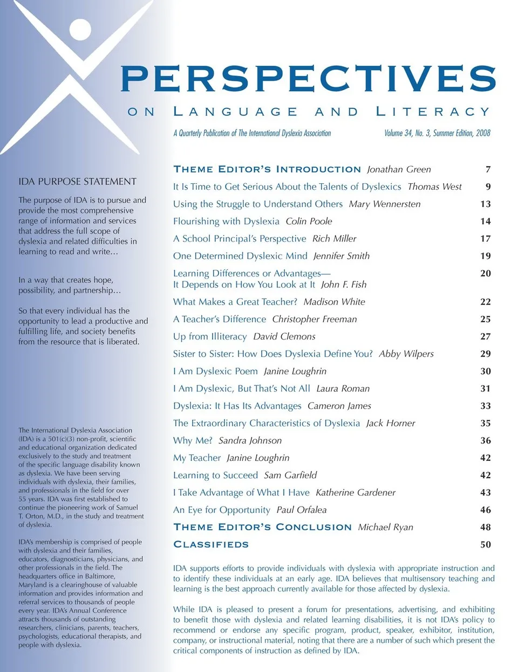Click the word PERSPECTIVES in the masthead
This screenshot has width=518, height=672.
pos(308,79)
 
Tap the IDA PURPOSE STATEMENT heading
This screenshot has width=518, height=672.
pos(77,182)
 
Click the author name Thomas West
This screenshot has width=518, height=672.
pos(434,186)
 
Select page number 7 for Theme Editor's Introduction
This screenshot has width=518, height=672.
pos(488,169)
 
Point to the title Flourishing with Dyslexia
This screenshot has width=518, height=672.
pos(226,221)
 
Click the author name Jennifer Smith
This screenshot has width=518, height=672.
pos(342,255)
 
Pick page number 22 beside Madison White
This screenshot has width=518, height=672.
pos(486,302)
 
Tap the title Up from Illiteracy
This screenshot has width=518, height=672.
pos(210,336)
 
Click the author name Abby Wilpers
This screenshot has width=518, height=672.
pos(406,354)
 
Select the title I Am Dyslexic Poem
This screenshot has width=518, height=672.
pos(215,371)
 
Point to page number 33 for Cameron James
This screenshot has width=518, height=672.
pos(486,406)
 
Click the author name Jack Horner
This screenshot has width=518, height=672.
pos(391,423)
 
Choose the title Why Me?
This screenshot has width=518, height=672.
pos(193,440)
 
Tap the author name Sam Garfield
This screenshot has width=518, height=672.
pos(290,475)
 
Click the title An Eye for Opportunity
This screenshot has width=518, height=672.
pos(222,510)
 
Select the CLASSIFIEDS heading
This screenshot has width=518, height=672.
pos(211,544)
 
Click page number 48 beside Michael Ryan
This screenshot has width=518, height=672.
pos(486,527)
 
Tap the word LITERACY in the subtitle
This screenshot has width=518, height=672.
pos(433,112)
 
